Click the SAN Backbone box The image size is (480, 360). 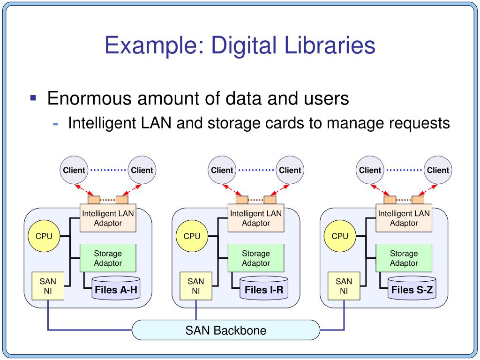(x=226, y=330)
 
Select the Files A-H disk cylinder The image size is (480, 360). (x=116, y=288)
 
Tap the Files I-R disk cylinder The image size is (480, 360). (x=264, y=288)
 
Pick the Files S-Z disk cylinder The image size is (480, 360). (x=412, y=288)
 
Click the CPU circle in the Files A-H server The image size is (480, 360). (x=44, y=236)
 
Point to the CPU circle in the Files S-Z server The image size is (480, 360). (x=340, y=236)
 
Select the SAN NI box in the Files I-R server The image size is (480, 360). (x=196, y=286)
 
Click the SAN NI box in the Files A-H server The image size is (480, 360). (x=48, y=286)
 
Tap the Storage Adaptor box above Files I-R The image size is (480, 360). (x=256, y=258)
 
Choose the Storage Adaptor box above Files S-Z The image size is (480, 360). (x=404, y=258)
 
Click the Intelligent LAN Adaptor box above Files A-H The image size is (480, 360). (x=108, y=218)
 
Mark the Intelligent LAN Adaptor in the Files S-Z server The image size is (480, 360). (x=404, y=218)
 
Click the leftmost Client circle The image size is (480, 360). (x=74, y=170)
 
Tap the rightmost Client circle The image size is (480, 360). (x=438, y=170)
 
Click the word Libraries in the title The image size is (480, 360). (x=330, y=45)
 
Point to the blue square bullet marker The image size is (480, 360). (x=33, y=98)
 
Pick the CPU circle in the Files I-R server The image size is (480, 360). (x=192, y=236)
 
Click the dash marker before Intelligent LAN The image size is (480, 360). (x=55, y=124)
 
